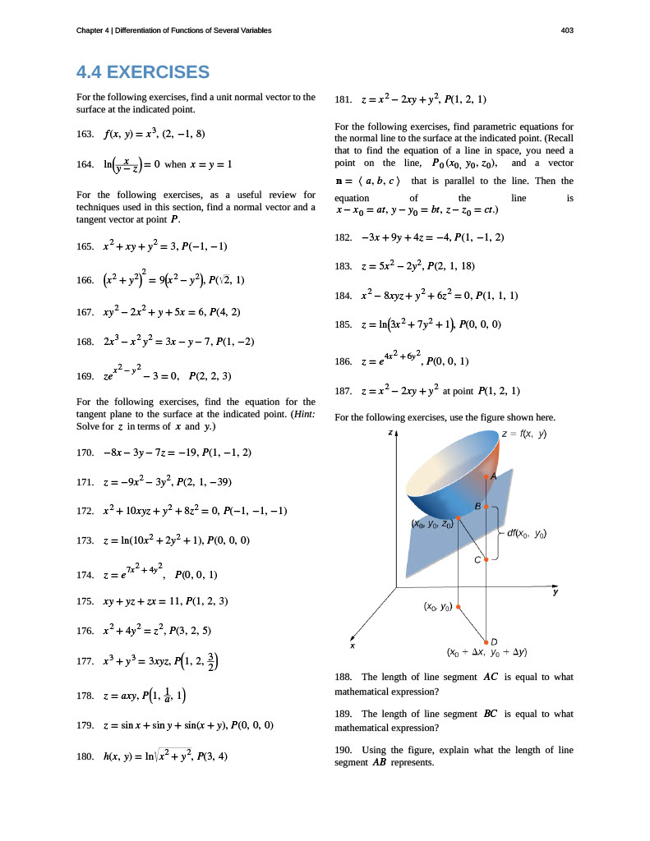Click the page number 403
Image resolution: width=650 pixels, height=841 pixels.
[x=566, y=30]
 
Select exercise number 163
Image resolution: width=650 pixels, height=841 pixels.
[x=83, y=133]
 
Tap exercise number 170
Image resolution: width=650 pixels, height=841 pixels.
[x=83, y=452]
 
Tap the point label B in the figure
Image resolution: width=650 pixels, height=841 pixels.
[x=477, y=508]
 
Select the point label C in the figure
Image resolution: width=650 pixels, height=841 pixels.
[x=477, y=560]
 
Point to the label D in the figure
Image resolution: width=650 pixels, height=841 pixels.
[x=493, y=642]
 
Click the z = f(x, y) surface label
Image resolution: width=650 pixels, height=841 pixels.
[x=524, y=434]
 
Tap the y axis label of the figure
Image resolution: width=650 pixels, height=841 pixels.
[x=555, y=591]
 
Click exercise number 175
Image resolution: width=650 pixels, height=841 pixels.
[x=83, y=601]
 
